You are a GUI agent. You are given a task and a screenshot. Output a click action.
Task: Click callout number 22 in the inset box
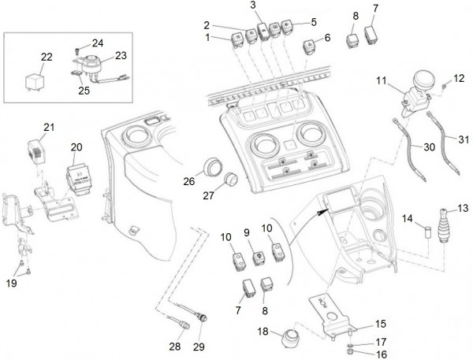click(x=47, y=57)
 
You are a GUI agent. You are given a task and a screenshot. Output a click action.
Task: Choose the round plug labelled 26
click(x=211, y=167)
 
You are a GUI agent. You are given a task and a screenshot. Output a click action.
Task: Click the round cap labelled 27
click(x=232, y=180)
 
